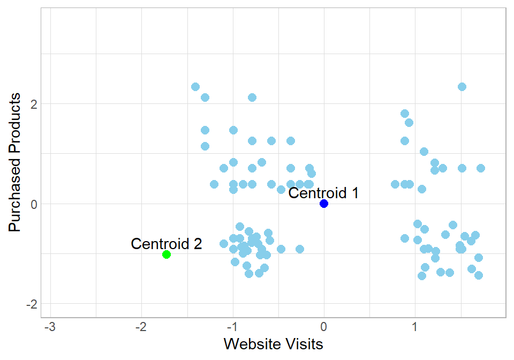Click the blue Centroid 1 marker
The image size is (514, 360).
(324, 204)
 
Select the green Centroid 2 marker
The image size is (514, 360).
(167, 254)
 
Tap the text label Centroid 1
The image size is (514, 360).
(323, 193)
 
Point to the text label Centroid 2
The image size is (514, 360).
(167, 244)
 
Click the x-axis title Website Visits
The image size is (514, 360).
(273, 343)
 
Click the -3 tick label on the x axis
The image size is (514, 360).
(50, 326)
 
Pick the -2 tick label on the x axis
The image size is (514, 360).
(141, 326)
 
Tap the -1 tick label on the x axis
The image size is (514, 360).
(232, 326)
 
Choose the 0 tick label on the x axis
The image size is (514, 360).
(324, 326)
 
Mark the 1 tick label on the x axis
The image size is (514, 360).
(415, 326)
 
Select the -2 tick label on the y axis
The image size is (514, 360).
(31, 304)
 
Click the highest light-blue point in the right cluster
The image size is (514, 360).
(462, 87)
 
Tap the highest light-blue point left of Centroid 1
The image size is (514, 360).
(195, 87)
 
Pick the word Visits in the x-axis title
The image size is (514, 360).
(304, 343)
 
